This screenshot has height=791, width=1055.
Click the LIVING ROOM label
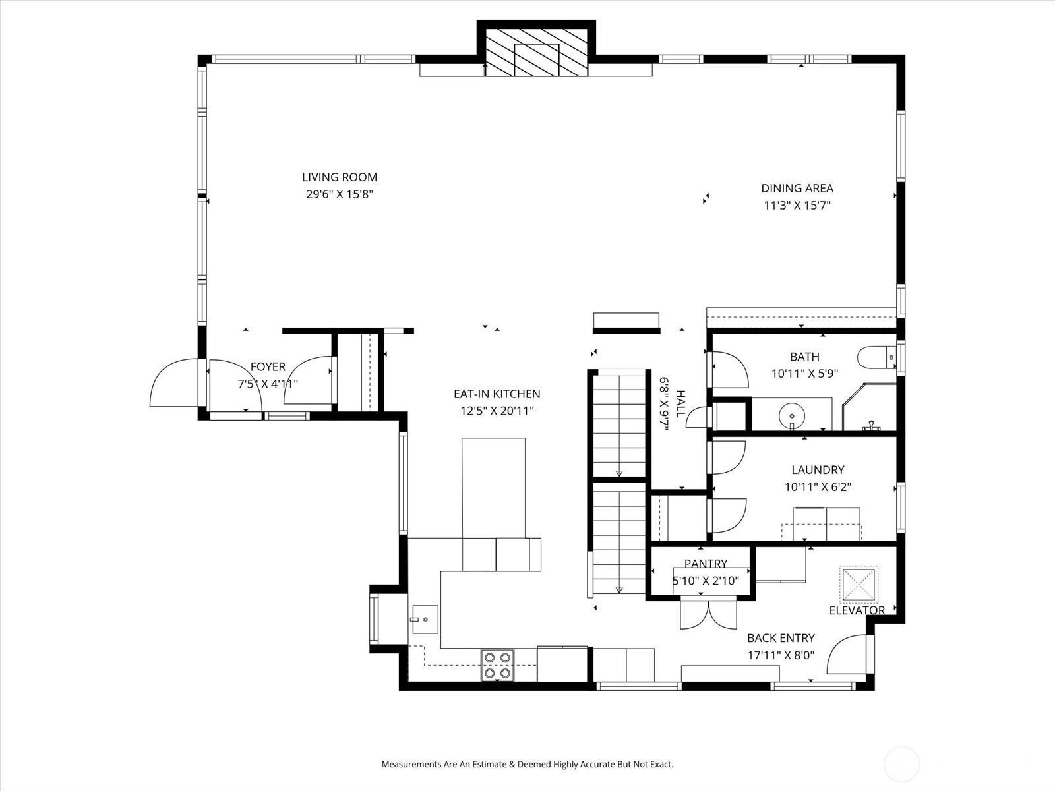340,177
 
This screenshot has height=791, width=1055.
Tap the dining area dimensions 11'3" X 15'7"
797,205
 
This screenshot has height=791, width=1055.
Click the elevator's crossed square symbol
859,583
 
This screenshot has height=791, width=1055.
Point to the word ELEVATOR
857,610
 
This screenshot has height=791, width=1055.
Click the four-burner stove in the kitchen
497,665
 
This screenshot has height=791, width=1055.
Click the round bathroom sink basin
792,416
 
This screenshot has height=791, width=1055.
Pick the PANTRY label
706,564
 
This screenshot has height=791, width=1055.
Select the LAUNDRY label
818,470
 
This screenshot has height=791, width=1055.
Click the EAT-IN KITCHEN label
497,394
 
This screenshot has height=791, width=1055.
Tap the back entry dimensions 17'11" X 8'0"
781,655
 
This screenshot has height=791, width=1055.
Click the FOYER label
268,367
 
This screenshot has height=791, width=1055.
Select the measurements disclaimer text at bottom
527,765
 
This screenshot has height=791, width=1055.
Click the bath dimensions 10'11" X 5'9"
804,374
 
